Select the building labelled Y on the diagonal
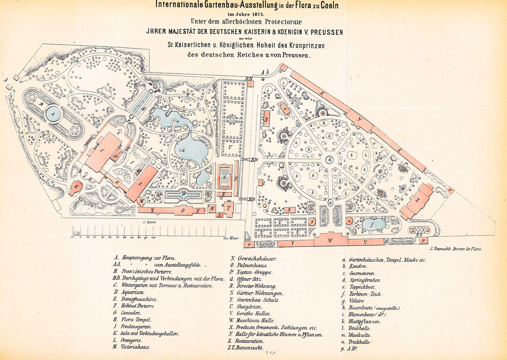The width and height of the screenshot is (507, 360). click(359, 120)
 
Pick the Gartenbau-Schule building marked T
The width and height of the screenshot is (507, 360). click(229, 207)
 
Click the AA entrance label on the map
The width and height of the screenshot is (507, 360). click(264, 72)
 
